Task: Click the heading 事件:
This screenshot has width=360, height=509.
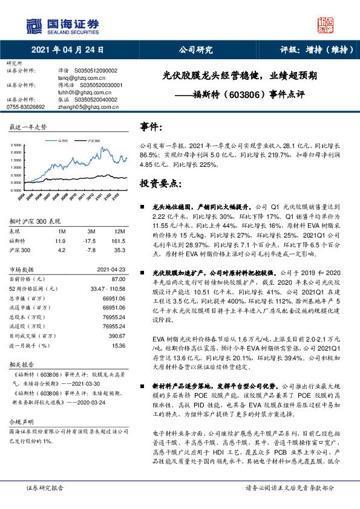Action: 151,128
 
